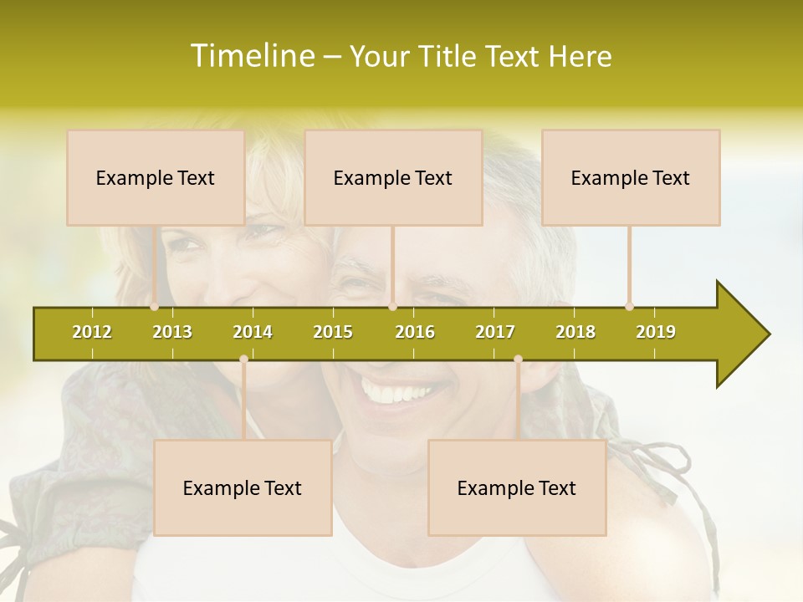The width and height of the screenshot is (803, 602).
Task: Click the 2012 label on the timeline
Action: click(92, 332)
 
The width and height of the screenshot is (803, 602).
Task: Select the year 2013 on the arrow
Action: click(172, 332)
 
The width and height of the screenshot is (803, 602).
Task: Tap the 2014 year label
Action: click(253, 332)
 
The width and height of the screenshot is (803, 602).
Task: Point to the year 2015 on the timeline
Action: click(333, 332)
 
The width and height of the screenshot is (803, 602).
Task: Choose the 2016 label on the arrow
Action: click(415, 332)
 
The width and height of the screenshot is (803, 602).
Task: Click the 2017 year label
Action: click(495, 332)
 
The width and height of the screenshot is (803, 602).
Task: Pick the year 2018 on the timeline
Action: click(575, 332)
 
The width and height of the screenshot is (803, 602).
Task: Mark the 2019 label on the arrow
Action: click(656, 332)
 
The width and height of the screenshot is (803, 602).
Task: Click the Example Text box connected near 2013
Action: click(156, 177)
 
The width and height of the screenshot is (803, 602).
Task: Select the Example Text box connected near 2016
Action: click(393, 177)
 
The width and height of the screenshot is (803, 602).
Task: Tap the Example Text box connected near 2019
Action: click(631, 177)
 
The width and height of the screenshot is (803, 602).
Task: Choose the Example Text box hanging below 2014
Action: click(243, 487)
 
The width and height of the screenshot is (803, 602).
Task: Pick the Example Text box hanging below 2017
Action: click(517, 487)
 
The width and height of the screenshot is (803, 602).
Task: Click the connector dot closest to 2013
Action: click(155, 307)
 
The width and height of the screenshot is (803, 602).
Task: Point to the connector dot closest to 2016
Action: click(392, 307)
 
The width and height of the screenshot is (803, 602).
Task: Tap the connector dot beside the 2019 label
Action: click(630, 307)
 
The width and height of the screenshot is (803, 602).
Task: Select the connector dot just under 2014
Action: click(243, 360)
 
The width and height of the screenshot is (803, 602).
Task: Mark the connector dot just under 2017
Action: click(518, 360)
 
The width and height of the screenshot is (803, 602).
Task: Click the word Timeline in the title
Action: click(251, 56)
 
